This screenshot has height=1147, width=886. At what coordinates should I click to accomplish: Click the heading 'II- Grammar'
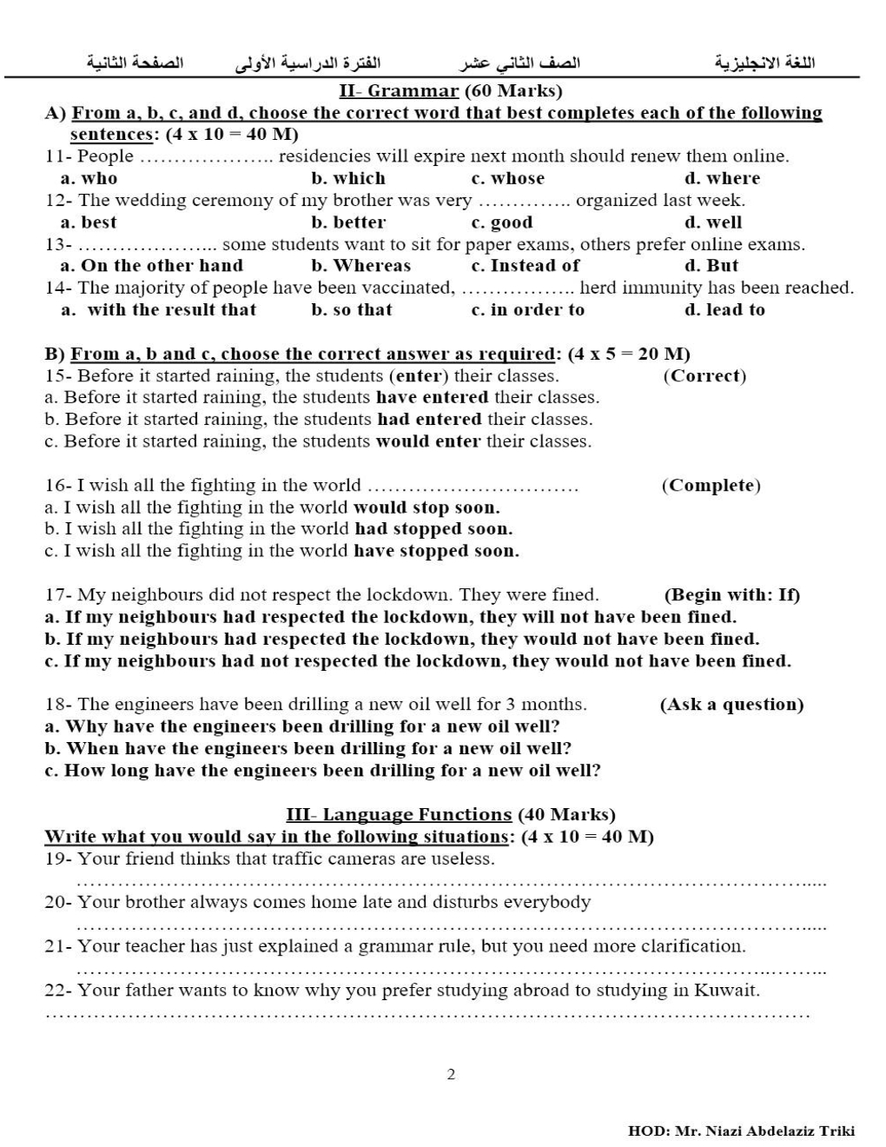point(399,91)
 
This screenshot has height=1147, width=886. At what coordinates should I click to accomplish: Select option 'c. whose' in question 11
point(507,179)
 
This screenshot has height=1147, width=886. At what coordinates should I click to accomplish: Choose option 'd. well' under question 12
point(712,222)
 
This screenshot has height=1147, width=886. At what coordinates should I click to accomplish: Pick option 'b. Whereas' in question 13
point(360,266)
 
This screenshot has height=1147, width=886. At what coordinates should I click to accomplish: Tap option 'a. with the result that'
point(159,310)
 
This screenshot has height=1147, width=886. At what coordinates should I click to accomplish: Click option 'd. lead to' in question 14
point(724,310)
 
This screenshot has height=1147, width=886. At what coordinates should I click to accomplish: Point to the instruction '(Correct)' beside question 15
point(704,376)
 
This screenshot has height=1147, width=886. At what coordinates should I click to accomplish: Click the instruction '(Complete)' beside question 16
point(711,486)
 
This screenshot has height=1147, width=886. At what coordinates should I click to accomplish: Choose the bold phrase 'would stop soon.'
point(426,507)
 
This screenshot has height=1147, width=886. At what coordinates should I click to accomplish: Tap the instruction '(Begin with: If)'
point(731,595)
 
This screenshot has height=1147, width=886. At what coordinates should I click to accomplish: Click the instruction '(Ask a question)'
point(731,705)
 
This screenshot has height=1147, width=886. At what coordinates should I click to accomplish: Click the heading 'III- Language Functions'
point(399,815)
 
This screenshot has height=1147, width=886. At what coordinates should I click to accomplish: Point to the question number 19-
point(58,859)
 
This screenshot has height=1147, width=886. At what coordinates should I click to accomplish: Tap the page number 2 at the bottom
point(451,1075)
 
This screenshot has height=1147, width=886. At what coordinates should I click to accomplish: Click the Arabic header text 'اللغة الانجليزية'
point(764,63)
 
